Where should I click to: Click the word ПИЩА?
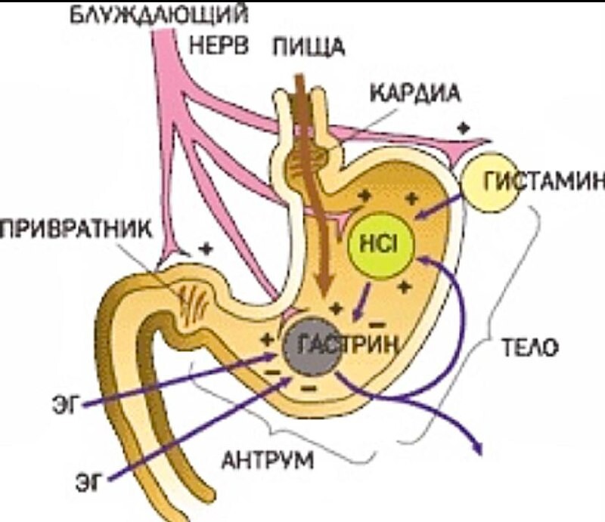(x=308, y=46)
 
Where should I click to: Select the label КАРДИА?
(x=404, y=95)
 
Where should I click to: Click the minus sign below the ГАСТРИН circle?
(x=309, y=388)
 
